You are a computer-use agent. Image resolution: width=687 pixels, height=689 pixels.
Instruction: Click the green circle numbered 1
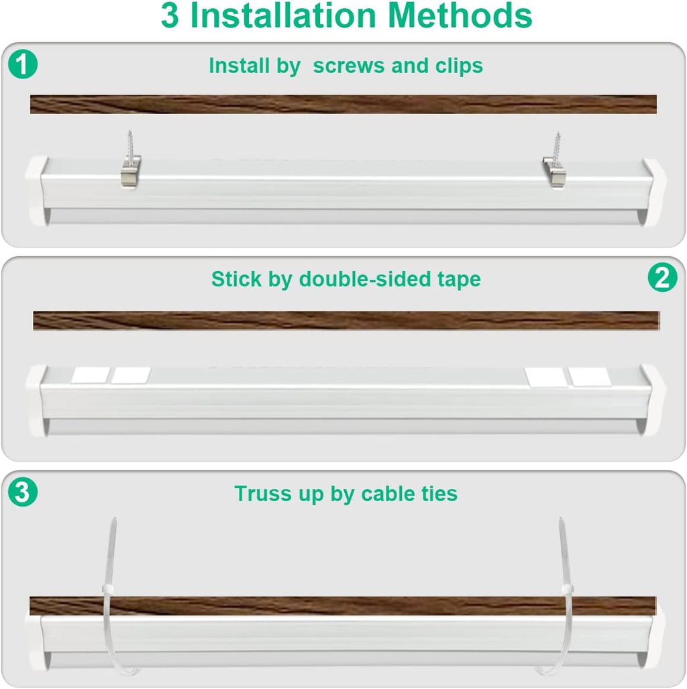[x=23, y=65]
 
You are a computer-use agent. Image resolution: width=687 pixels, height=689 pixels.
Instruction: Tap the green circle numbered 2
[x=662, y=278]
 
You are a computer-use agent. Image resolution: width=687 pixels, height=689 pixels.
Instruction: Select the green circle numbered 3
[x=23, y=493]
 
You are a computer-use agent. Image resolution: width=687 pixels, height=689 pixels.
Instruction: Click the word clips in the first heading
[x=458, y=66]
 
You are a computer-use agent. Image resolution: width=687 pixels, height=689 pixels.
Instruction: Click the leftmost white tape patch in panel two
[x=89, y=375]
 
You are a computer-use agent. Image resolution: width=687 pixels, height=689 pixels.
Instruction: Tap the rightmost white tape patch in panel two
[x=590, y=376]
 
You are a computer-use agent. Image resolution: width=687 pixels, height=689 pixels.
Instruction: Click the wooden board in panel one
[x=343, y=104]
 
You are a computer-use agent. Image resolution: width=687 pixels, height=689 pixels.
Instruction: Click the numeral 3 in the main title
[x=170, y=16]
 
